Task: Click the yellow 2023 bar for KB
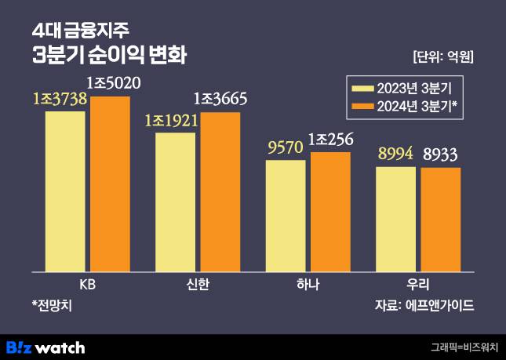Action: [65, 191]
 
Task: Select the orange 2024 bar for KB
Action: [110, 184]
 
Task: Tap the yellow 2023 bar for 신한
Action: [175, 202]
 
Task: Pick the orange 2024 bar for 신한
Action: [220, 192]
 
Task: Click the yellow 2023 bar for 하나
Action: [286, 216]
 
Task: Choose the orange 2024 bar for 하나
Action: [330, 212]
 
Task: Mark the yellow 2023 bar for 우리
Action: [396, 220]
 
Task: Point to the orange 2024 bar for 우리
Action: [440, 220]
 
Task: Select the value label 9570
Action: [285, 147]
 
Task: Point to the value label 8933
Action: [441, 154]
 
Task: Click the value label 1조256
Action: [330, 140]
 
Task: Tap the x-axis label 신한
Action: [198, 284]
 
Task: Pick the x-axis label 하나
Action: [308, 284]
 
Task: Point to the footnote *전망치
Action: [52, 304]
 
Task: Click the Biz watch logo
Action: [46, 347]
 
